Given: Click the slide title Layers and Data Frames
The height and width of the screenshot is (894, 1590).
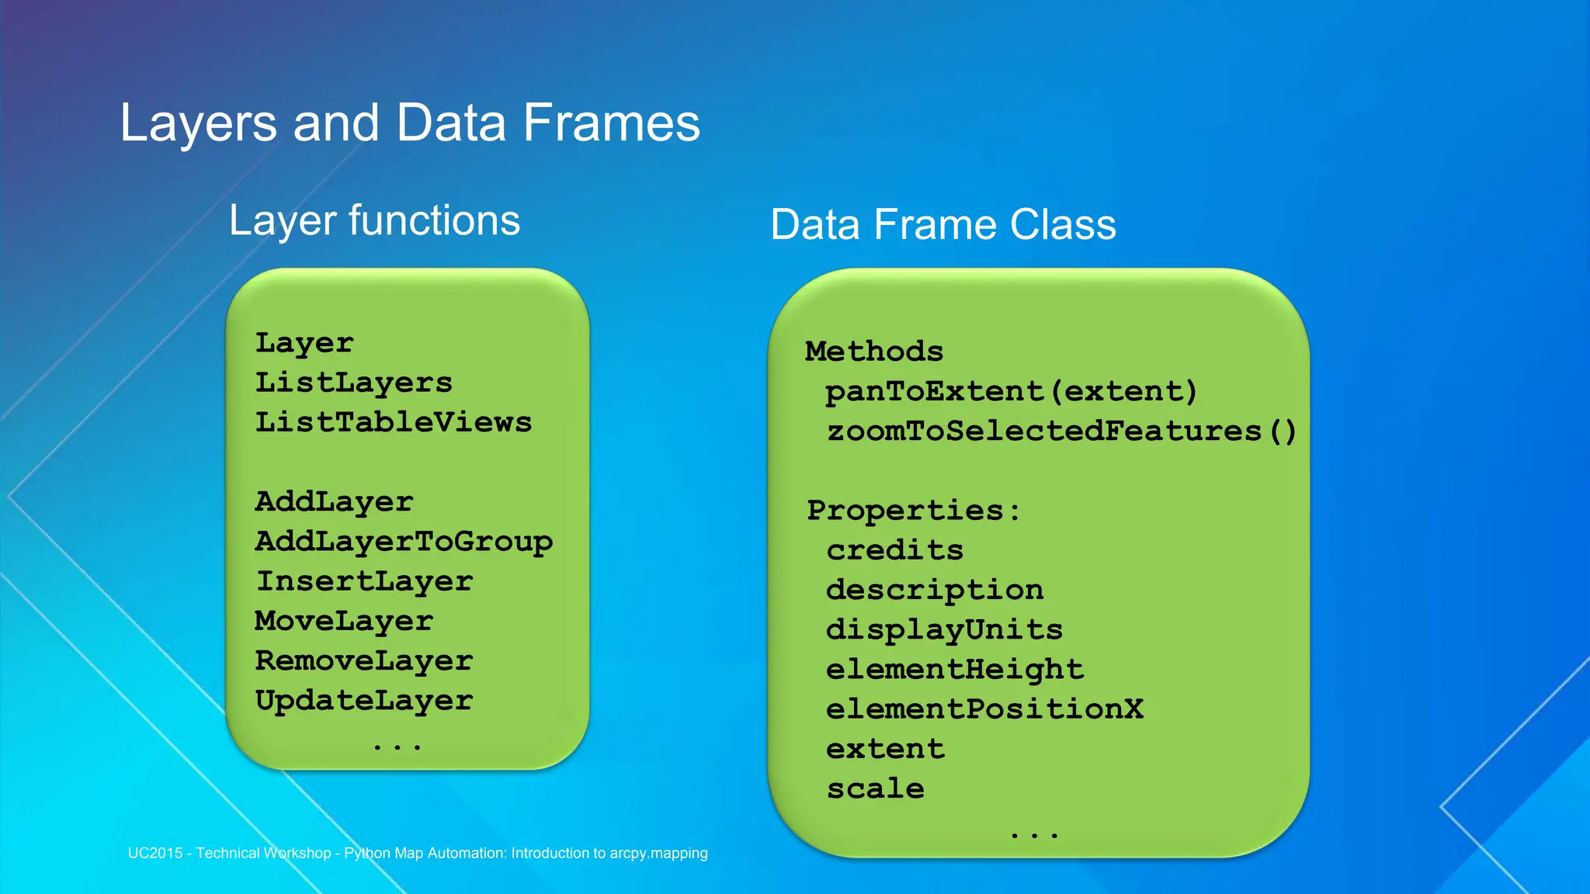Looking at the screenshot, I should [410, 123].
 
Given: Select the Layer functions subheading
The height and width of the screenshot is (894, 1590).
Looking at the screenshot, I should [374, 221].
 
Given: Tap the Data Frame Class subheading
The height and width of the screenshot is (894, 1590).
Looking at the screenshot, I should [943, 225].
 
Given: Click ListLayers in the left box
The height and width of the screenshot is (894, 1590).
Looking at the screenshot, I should [353, 383].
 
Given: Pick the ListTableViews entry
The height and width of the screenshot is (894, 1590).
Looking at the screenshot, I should [394, 422].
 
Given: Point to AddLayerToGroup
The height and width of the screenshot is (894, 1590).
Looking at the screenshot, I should [404, 542].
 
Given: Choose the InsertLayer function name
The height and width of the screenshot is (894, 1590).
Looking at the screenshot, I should [364, 581].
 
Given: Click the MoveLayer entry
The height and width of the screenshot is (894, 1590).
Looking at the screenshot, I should [344, 621].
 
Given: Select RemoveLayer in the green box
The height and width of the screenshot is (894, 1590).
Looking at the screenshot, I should [364, 660].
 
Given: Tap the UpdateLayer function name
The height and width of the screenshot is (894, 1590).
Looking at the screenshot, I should [364, 701].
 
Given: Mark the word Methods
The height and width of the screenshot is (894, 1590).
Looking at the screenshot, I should [874, 352].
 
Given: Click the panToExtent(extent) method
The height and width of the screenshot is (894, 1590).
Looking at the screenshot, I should [1011, 391].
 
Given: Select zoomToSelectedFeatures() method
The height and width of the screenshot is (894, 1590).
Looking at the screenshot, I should [1061, 431].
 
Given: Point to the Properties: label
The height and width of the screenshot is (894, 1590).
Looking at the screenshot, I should [914, 511].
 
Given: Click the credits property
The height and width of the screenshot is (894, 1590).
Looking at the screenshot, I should [894, 550].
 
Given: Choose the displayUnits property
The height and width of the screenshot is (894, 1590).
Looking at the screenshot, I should [944, 629].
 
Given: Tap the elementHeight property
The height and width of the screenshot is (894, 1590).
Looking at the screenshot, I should [954, 669].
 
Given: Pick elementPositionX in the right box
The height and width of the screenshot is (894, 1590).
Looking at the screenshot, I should [984, 709].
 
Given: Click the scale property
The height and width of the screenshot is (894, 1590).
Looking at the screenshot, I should [875, 789].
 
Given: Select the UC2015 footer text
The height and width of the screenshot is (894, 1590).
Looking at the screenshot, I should [418, 853].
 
